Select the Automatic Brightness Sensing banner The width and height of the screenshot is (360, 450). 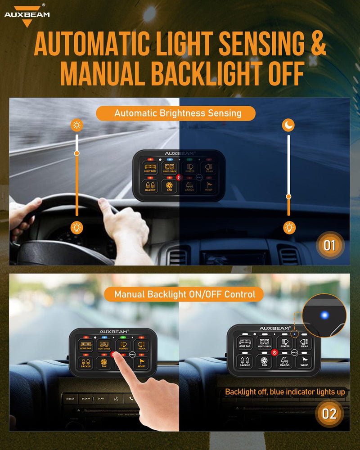175,113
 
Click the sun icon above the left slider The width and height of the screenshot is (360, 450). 77,125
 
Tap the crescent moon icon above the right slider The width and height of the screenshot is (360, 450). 288,125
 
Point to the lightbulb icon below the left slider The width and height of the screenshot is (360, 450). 77,228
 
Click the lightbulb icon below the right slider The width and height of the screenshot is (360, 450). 289,228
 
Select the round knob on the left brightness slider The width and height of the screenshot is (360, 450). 77,153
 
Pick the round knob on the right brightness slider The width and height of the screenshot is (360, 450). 289,196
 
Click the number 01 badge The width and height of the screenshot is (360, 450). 330,246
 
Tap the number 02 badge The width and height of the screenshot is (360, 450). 329,414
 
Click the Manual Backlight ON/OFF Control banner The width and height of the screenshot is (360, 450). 184,295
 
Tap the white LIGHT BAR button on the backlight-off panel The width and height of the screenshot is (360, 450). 245,343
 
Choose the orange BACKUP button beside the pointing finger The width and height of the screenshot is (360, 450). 85,362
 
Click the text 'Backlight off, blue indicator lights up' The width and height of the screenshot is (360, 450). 285,392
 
